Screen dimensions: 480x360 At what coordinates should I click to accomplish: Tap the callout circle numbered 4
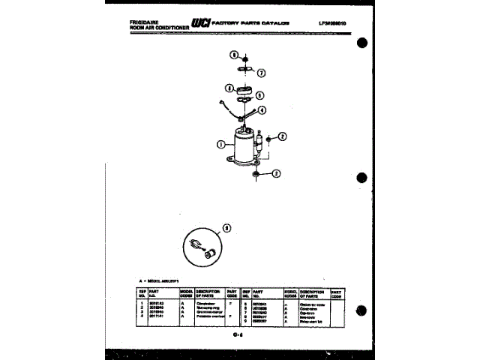click(262, 110)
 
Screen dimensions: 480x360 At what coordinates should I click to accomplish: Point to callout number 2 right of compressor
click(283, 136)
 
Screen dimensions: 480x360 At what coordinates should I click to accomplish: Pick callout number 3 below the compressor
click(276, 174)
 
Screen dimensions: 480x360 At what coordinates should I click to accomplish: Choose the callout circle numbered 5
click(259, 95)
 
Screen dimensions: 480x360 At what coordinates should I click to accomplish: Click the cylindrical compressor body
click(244, 146)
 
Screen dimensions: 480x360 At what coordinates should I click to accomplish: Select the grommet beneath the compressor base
click(256, 174)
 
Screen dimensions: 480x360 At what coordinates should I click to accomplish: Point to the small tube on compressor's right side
click(264, 142)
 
